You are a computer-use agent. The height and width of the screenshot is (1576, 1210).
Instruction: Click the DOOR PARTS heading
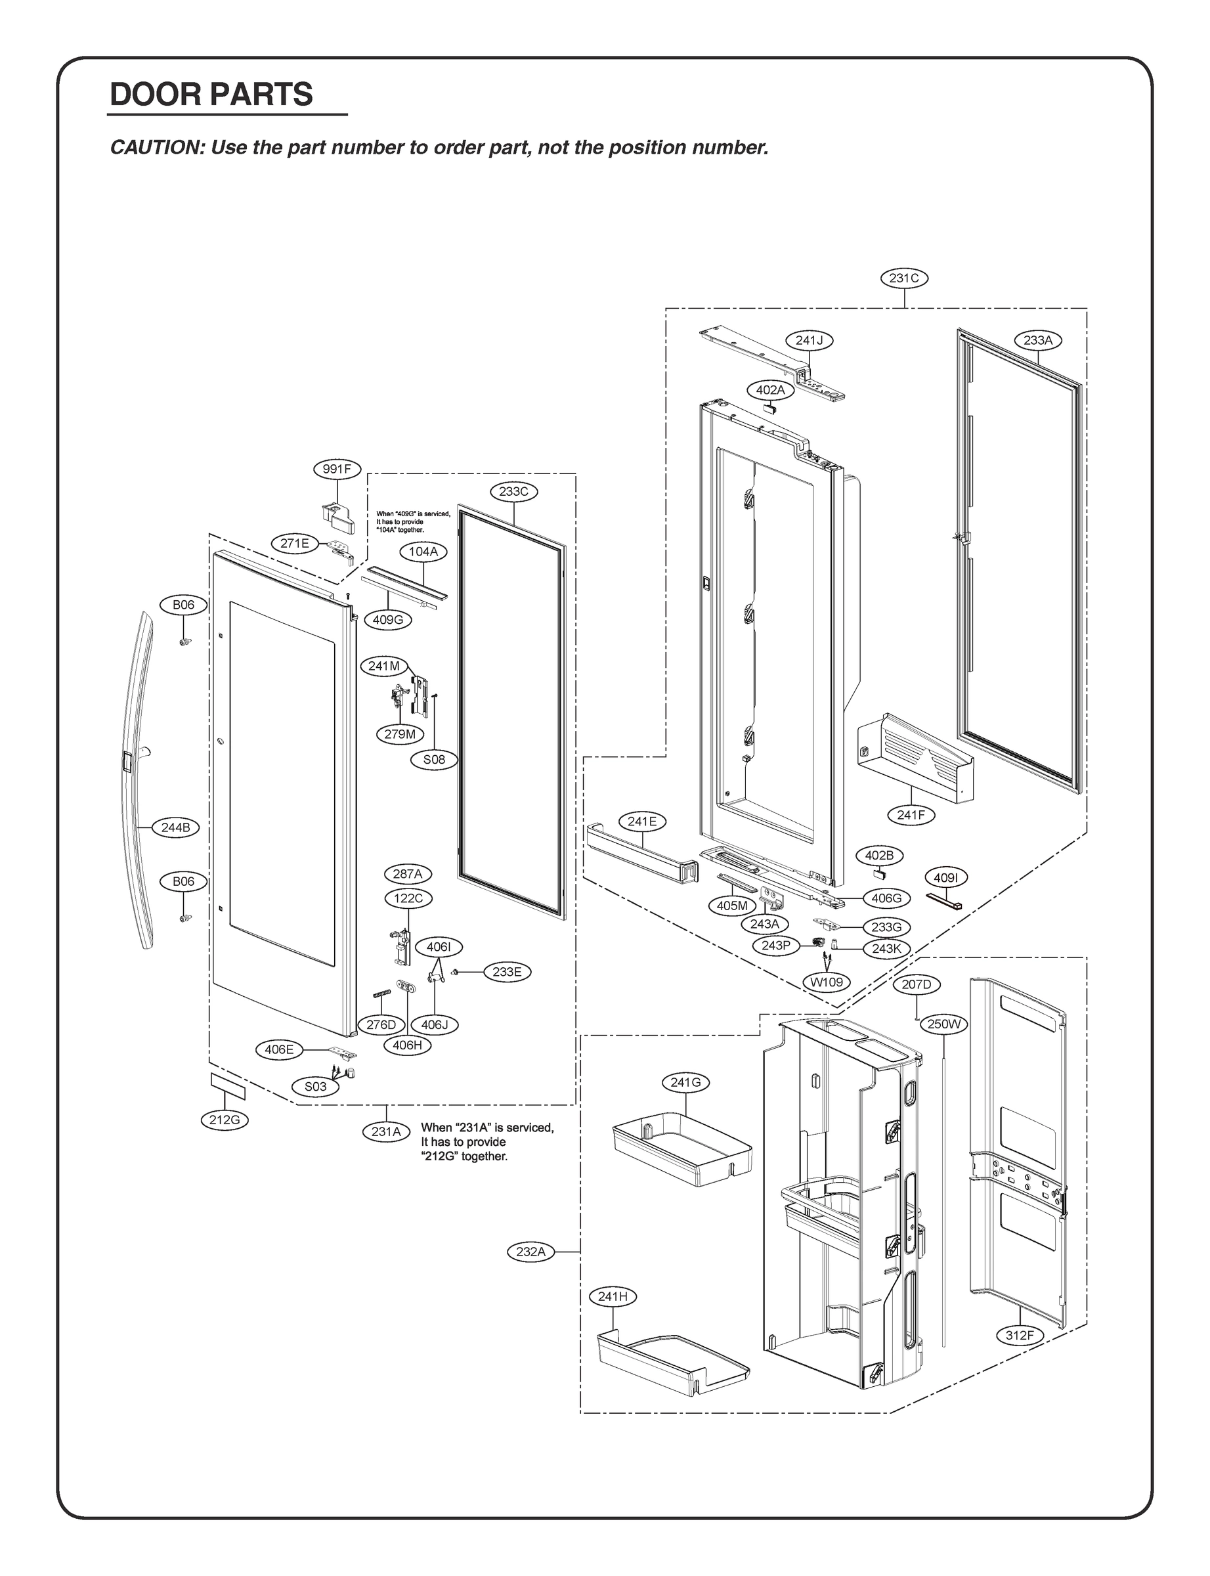[211, 95]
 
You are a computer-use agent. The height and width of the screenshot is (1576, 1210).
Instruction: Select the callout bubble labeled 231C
[904, 278]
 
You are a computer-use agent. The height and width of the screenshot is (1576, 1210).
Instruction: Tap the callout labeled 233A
[1038, 340]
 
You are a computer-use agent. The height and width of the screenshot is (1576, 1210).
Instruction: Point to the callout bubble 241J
[809, 340]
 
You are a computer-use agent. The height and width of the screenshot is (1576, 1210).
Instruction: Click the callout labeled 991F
[336, 470]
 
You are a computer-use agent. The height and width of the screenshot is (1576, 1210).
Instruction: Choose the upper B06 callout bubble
[183, 605]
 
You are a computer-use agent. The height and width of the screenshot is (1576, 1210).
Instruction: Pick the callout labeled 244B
[175, 827]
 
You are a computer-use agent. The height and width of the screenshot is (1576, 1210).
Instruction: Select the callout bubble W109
[827, 982]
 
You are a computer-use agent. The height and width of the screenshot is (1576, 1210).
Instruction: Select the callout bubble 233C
[513, 492]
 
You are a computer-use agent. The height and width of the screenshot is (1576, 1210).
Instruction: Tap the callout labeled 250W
[944, 1024]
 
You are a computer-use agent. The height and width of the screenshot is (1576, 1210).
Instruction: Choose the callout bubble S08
[433, 759]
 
